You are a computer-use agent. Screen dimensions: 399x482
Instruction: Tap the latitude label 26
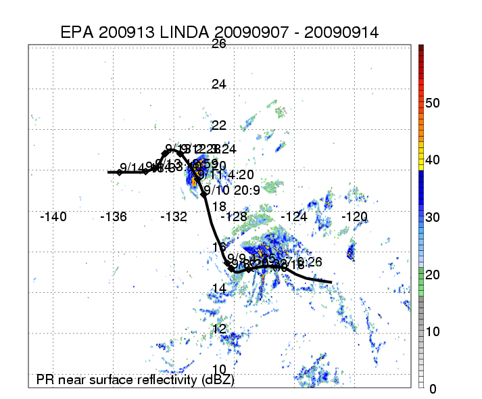(219, 44)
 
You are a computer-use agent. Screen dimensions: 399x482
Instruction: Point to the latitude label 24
(219, 85)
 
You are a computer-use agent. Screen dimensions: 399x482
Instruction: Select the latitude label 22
(219, 126)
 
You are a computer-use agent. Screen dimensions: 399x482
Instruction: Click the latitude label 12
(219, 329)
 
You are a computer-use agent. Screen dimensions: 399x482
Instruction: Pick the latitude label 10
(219, 369)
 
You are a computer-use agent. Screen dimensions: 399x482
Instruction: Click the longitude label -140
(53, 217)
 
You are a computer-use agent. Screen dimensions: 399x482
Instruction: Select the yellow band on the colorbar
(420, 160)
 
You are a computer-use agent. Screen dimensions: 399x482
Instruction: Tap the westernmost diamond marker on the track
(119, 172)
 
